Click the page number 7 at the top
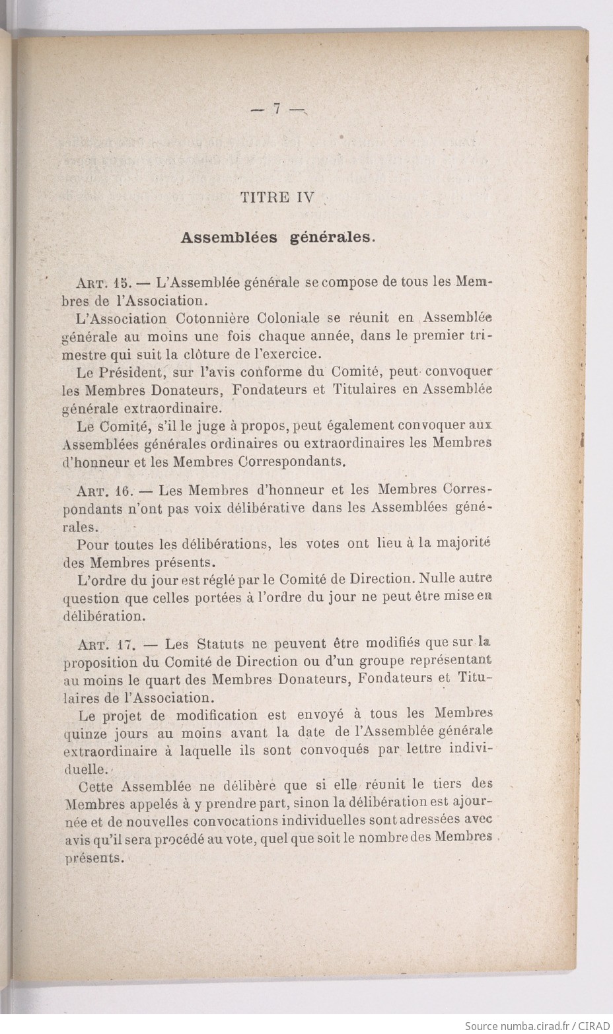point(277,110)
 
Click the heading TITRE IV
point(277,197)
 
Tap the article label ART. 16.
point(102,491)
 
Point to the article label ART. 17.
point(102,644)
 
